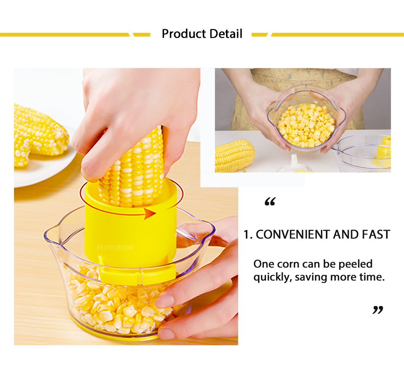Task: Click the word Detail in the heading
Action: click(226, 34)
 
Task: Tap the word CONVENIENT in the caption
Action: click(293, 235)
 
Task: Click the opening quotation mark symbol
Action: click(270, 201)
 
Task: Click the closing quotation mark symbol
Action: click(378, 310)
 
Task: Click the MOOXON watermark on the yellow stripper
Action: click(115, 248)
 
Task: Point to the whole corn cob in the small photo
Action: click(235, 156)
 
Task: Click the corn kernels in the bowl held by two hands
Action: click(306, 125)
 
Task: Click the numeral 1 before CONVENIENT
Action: click(247, 235)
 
